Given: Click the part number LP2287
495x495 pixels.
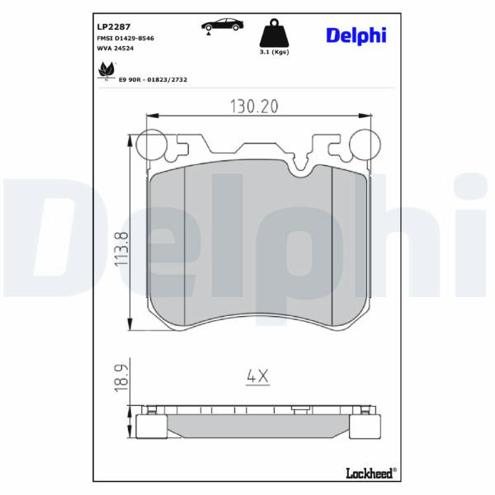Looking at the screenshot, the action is [113, 27].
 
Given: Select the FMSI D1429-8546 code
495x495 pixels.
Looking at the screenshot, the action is [125, 38].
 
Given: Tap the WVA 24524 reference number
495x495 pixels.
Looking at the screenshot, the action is [115, 49].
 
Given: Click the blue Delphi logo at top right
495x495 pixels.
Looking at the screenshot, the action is [356, 35].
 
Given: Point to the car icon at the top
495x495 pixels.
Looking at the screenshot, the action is [223, 26].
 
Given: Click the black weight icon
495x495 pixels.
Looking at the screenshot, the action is [274, 33].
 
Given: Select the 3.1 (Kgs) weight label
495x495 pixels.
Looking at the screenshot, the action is [274, 52].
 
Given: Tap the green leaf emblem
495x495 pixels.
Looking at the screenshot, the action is [106, 70].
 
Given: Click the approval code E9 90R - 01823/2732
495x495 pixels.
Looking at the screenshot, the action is [153, 79].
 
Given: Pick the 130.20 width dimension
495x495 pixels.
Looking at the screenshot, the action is [254, 106].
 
